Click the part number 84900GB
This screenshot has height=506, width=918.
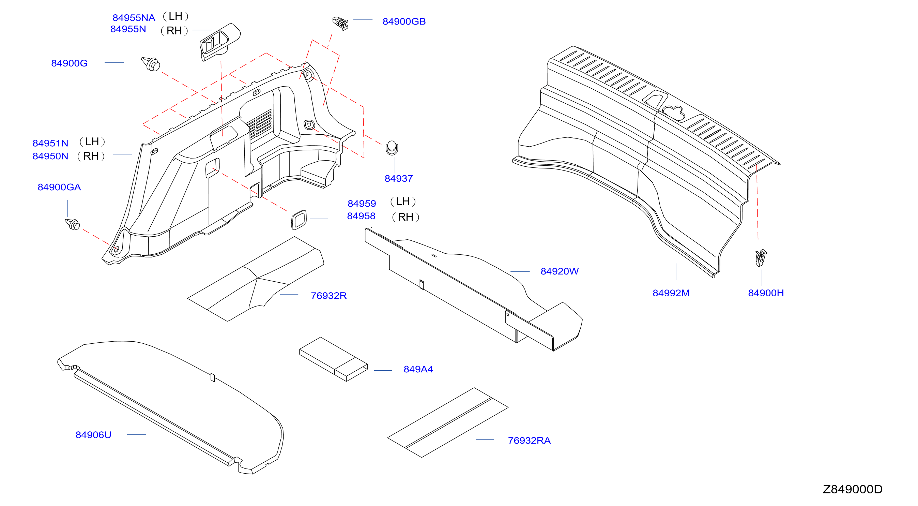[x=404, y=21]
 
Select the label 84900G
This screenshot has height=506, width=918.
[x=70, y=63]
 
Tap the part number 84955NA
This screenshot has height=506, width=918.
[x=134, y=17]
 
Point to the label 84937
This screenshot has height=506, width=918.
[x=398, y=178]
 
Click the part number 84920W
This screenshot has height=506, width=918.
[x=560, y=271]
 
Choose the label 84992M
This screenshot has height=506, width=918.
[x=671, y=293]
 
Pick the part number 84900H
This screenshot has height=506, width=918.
[x=766, y=293]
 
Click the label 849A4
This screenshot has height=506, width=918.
[x=418, y=369]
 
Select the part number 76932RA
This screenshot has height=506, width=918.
[x=529, y=441]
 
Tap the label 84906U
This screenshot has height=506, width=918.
[x=93, y=435]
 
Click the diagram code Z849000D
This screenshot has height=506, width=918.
[x=853, y=489]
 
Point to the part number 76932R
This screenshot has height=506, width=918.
[x=328, y=296]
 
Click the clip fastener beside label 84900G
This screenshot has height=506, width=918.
[x=151, y=64]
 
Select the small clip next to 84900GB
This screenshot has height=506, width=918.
[x=340, y=23]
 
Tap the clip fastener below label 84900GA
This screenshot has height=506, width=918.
[x=73, y=224]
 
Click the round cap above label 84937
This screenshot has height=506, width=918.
[x=392, y=148]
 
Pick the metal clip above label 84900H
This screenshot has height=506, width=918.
[x=761, y=258]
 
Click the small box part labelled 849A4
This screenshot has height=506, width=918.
[x=334, y=359]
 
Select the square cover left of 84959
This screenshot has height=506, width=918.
[x=299, y=220]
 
